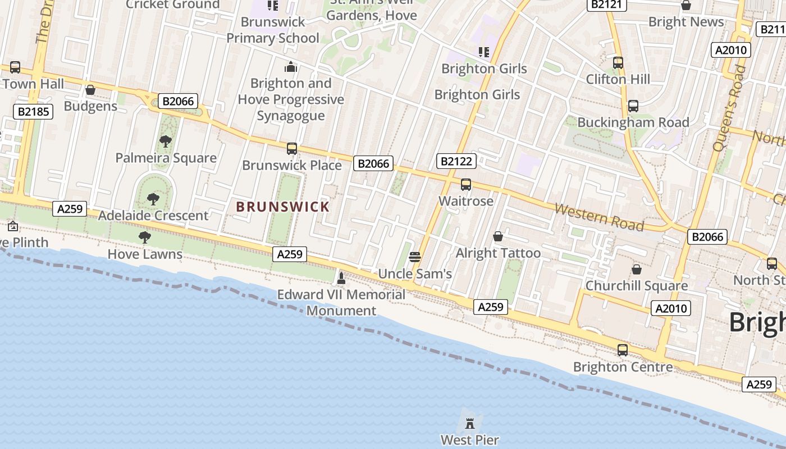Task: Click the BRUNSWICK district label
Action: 283,207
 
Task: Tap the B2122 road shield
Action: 456,162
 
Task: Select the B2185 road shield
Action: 34,111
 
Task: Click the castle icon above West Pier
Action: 470,424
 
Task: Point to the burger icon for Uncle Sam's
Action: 415,257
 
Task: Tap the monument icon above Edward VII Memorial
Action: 341,277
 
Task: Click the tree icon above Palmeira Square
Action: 165,141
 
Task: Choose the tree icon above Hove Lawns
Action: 145,237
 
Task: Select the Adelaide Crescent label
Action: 153,216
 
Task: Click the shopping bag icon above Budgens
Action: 90,90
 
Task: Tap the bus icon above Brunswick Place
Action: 292,149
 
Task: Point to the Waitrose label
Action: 466,201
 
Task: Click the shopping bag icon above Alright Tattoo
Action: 498,236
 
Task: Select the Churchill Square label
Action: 637,286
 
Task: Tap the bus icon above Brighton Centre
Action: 623,350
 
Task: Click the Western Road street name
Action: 599,217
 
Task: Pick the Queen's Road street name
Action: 729,108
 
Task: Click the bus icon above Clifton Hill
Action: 618,63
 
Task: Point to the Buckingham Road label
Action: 633,122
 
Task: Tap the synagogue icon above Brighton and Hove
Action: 291,67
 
